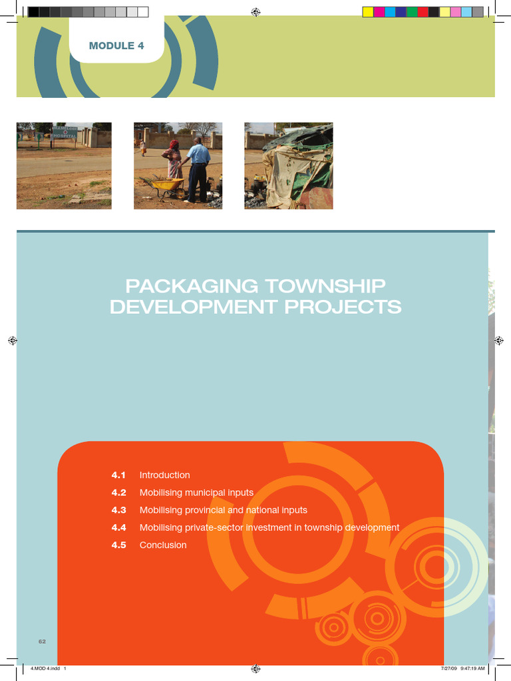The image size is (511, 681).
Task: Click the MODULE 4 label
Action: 116,46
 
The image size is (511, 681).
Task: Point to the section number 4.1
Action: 118,476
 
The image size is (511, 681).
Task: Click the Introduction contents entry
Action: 164,476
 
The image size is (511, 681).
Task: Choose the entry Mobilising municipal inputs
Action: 196,493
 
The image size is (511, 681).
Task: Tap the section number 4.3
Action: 118,510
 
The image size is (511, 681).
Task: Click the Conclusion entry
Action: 163,545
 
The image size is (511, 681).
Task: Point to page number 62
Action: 42,641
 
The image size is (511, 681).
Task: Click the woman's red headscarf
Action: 174,144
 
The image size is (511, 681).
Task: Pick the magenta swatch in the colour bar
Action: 379,12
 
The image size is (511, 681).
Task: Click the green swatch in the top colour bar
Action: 412,12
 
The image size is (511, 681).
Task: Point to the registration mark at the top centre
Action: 255,12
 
